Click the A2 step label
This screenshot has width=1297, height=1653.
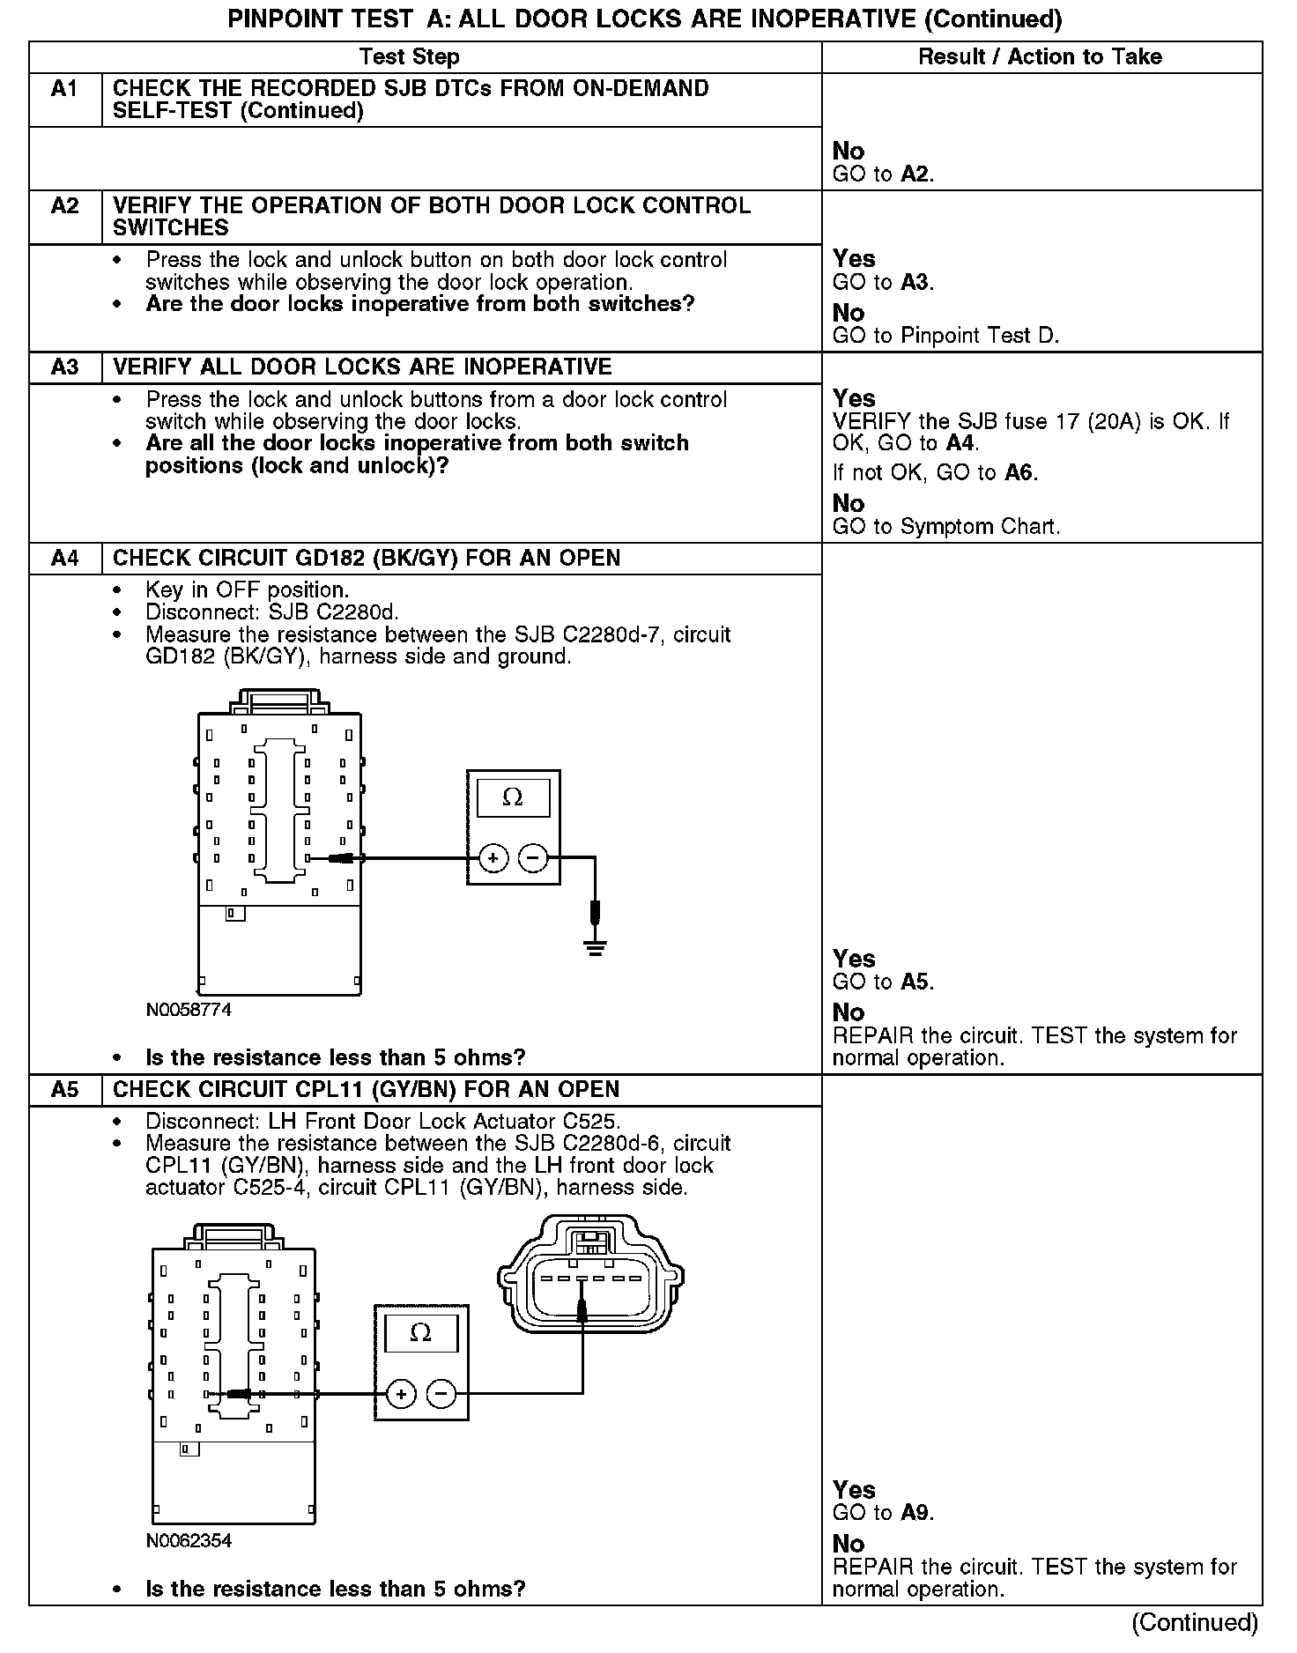tap(64, 206)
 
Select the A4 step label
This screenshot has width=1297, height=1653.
tap(64, 559)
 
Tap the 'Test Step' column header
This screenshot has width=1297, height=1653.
tap(409, 57)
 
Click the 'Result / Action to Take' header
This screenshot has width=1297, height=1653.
tap(1040, 57)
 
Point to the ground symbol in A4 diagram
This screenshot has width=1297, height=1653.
tap(596, 948)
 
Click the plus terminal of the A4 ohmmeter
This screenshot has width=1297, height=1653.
tap(493, 857)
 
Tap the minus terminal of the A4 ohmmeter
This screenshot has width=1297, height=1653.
tap(533, 857)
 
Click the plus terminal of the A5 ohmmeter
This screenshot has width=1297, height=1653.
tap(401, 1394)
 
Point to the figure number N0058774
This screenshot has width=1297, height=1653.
tap(189, 1010)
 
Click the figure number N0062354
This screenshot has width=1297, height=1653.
tap(189, 1541)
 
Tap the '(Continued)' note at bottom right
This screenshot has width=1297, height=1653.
tap(1194, 1622)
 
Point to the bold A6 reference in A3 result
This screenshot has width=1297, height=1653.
tap(1019, 473)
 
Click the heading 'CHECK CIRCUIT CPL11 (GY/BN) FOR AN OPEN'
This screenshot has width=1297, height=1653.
tap(366, 1090)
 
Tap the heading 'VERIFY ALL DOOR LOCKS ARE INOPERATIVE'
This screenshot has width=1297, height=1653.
tap(362, 367)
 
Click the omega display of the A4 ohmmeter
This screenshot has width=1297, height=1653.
tap(513, 798)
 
